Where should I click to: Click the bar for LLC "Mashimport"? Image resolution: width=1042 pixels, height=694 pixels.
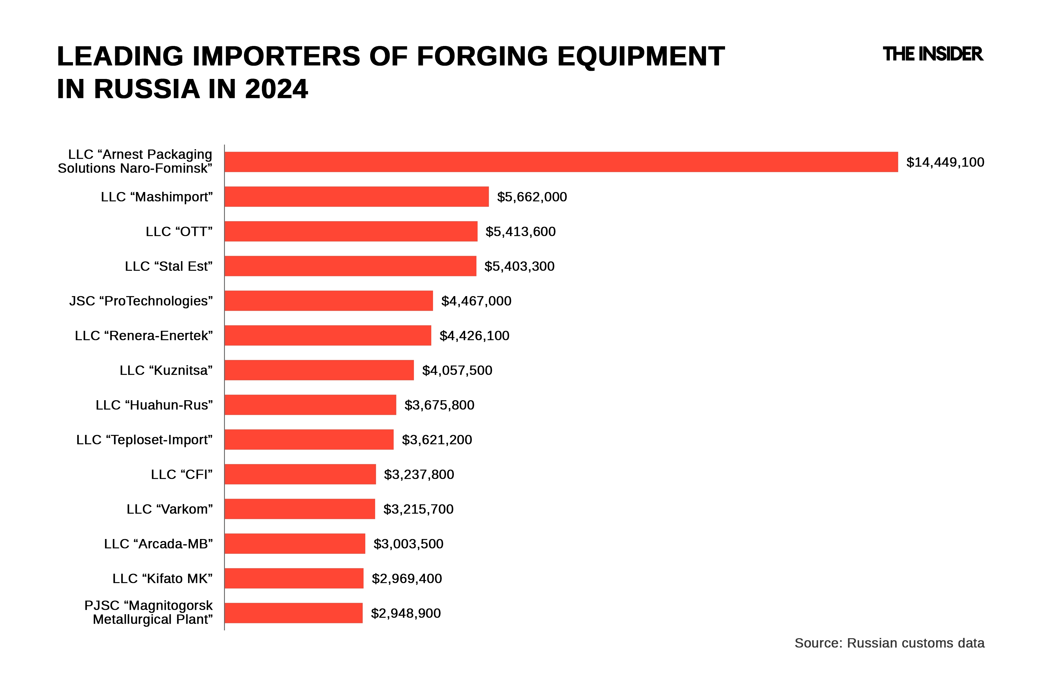click(357, 197)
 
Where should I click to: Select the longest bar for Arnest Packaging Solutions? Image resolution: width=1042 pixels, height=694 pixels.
click(561, 162)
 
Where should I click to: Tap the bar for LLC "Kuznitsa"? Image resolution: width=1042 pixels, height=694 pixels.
click(319, 370)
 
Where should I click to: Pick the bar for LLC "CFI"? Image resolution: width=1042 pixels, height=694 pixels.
click(300, 474)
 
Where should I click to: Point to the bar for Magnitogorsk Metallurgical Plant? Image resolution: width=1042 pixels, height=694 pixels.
click(293, 613)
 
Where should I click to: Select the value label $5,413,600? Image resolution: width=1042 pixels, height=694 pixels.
click(520, 232)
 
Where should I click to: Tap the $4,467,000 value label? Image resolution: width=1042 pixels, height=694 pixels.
click(476, 301)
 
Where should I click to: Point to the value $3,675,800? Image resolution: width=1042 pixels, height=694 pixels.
click(439, 405)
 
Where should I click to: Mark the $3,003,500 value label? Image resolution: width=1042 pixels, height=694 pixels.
click(408, 544)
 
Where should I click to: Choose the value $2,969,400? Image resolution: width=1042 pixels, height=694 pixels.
click(407, 579)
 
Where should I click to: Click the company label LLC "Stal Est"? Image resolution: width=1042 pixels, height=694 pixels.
click(168, 266)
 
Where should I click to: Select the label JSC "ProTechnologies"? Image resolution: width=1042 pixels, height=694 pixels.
click(141, 301)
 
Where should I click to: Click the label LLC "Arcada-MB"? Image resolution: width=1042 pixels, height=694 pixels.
click(158, 544)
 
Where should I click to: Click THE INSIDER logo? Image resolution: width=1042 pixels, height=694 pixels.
click(933, 54)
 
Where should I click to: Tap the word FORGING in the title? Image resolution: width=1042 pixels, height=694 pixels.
click(482, 57)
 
